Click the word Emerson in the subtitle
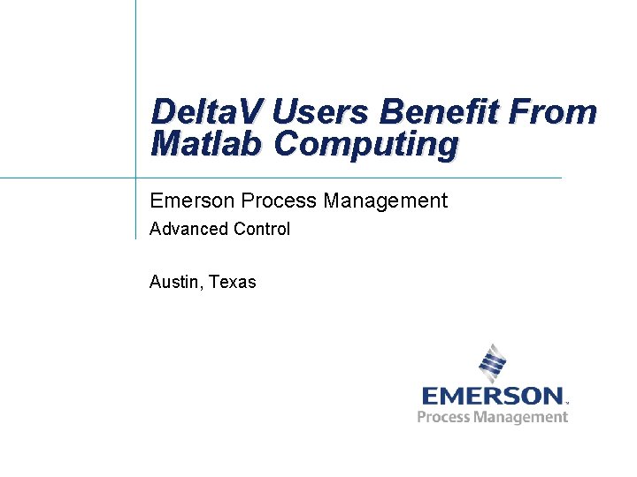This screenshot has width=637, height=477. (190, 201)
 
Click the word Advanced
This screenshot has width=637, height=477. (189, 230)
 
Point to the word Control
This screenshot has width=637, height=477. (262, 230)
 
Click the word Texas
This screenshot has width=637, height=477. (233, 283)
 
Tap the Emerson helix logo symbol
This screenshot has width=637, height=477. (492, 362)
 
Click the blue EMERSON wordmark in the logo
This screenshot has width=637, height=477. (492, 396)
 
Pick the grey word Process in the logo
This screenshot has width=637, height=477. (444, 417)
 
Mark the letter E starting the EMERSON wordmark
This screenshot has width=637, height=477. (430, 396)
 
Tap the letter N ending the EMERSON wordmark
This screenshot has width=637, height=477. (552, 396)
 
